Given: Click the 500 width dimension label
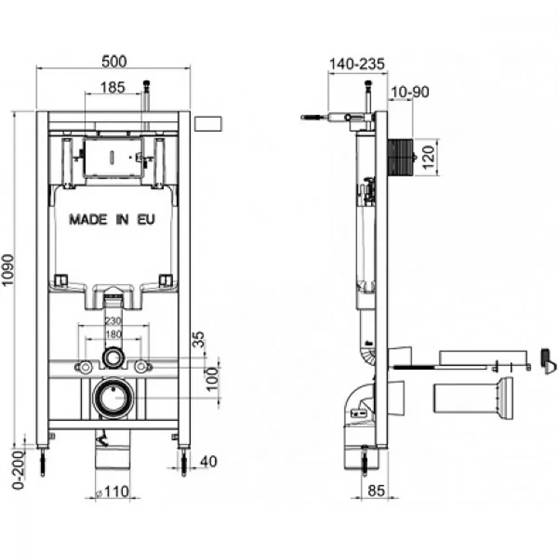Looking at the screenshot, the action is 114,61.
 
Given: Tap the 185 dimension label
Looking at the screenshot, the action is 113,87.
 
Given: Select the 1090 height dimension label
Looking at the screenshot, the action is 7,270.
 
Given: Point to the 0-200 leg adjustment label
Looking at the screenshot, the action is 18,470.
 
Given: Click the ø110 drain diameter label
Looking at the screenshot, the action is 113,492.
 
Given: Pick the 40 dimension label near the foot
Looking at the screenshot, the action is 208,461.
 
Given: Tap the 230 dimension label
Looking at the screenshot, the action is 113,321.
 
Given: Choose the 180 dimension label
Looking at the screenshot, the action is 113,334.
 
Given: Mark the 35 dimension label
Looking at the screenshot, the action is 199,339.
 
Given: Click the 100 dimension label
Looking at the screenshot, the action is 213,379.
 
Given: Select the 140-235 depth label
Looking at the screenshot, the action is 357,64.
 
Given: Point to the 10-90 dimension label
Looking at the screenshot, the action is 410,92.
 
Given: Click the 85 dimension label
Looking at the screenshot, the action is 376,490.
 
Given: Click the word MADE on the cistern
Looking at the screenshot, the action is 88,219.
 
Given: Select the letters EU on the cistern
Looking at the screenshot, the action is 146,219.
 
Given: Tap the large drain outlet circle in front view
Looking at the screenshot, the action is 113,397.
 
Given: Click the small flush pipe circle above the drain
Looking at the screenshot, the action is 113,358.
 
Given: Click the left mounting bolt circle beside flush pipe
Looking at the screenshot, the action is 85,367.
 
